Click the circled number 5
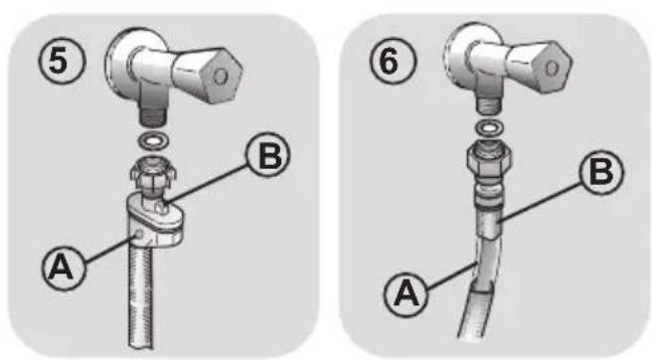pos(62,62)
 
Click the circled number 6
pos(393,61)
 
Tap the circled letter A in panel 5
pos(64,269)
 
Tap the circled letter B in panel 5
pos(268,155)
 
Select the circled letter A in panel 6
pos(406,293)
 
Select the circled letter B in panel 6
pos(601,171)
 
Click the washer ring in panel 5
pos(154,141)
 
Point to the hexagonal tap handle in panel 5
pos(209,75)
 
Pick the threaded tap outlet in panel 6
pos(488,105)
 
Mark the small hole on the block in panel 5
pos(138,234)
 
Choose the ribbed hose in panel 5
pos(141,294)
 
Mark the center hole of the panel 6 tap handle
pos(552,68)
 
